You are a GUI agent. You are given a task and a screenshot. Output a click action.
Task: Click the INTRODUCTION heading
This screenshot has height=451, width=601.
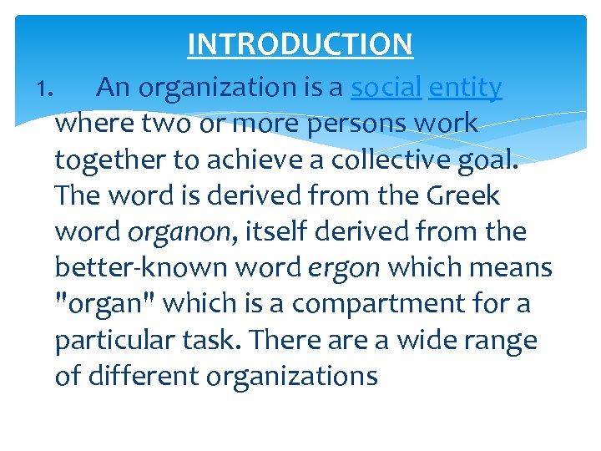click(x=300, y=43)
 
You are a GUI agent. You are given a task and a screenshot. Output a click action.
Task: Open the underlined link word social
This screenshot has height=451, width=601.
click(x=386, y=87)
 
